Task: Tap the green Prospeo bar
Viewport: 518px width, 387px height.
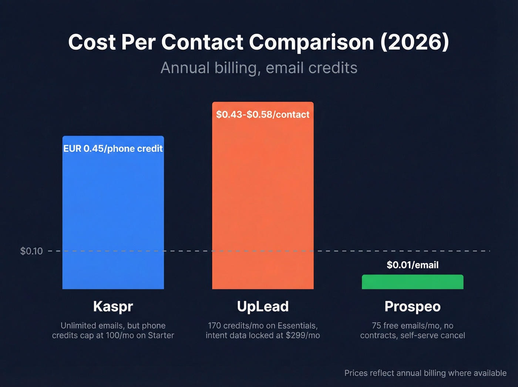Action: (412, 282)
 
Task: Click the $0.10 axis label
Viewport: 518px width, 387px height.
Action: (31, 251)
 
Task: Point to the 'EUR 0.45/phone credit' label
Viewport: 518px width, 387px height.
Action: (113, 149)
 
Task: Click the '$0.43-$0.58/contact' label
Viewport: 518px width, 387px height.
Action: (263, 114)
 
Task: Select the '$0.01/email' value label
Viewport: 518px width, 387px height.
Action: (413, 265)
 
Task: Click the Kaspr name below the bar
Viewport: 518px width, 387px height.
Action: (113, 306)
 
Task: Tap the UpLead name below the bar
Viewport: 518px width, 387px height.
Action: (263, 306)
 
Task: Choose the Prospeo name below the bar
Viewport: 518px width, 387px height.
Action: (413, 306)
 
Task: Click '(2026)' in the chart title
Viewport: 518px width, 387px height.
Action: (414, 42)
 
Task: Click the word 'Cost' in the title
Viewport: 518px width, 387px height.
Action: (92, 42)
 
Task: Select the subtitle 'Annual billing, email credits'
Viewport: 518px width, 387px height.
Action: (259, 68)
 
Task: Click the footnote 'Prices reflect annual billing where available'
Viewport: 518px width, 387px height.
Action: (425, 373)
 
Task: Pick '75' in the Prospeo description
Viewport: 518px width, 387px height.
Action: (376, 326)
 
